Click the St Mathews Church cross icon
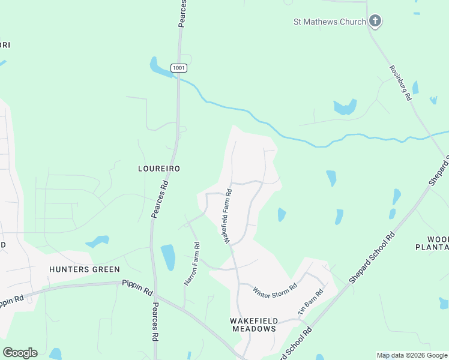[x=375, y=22]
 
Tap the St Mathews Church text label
[x=330, y=22]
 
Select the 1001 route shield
[x=178, y=68]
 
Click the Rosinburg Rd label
[x=399, y=83]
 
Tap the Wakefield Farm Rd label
[x=228, y=217]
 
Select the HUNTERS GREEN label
[x=85, y=269]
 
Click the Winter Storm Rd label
[x=275, y=290]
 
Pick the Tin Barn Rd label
[x=311, y=303]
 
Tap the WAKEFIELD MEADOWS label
[x=253, y=325]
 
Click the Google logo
[x=20, y=353]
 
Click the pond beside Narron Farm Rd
[x=168, y=257]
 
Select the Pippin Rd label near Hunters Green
[x=137, y=287]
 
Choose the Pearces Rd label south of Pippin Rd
[x=155, y=322]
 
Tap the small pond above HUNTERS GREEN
[x=97, y=242]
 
